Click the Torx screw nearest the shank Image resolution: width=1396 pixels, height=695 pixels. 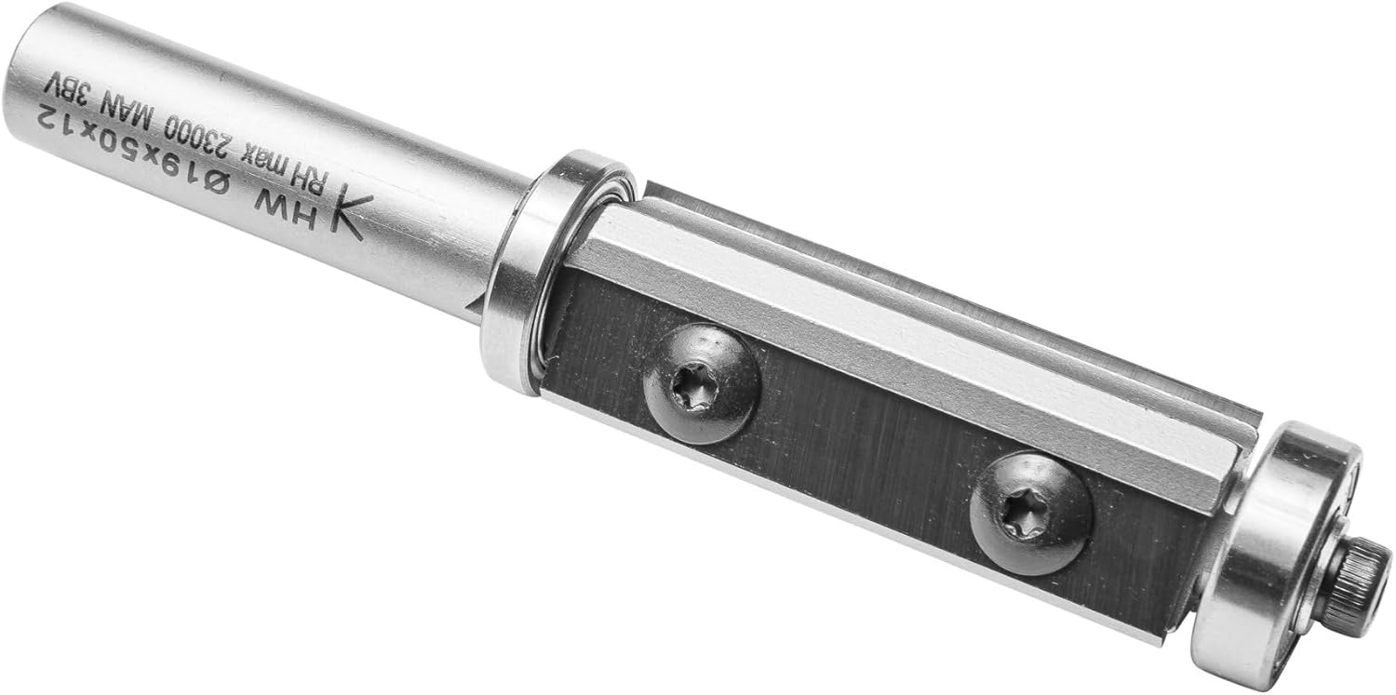(703, 383)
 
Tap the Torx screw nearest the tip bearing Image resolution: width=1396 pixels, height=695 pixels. (1031, 514)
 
